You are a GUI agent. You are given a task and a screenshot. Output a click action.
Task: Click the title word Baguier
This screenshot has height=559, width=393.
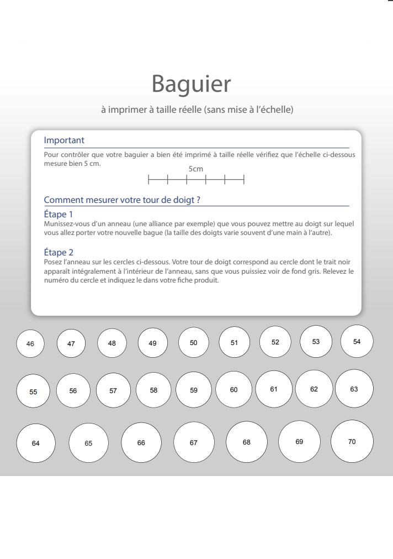pos(191,84)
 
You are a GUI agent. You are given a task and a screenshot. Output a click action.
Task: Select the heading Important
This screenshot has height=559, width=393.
pos(64,140)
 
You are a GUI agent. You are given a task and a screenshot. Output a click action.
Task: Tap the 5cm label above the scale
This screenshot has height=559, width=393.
pos(196,169)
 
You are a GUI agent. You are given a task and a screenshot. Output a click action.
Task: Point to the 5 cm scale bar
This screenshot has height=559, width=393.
pos(196,179)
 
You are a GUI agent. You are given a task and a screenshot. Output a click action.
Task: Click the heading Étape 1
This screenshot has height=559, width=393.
pos(59,214)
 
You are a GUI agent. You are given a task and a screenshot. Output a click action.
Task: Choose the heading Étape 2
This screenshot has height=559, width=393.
pos(59,253)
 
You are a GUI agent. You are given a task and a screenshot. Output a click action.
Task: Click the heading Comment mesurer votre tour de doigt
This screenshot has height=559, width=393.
pos(121,200)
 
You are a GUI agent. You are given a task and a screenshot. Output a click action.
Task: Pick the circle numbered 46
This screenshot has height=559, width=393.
pos(30,344)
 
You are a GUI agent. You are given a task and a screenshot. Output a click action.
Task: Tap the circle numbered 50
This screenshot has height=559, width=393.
pos(194,343)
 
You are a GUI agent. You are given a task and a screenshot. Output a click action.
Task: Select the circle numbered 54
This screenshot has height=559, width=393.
pos(357,341)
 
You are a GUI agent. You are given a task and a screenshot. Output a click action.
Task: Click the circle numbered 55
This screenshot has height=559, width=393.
pos(33,391)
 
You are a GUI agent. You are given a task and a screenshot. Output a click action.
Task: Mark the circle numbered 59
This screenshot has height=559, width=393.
pos(194,390)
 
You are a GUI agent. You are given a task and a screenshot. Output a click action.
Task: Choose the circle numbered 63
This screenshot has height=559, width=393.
pos(354,389)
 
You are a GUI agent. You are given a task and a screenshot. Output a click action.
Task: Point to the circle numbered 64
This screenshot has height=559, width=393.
pos(36,443)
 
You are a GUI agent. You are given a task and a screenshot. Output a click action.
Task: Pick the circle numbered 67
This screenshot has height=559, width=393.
pos(194,442)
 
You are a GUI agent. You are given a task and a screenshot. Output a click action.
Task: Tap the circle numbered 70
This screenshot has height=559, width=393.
pos(352,441)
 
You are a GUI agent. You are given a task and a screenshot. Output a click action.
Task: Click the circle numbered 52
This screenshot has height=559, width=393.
pos(275,342)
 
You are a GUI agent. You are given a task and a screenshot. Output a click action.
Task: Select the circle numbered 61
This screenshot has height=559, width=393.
pos(274,389)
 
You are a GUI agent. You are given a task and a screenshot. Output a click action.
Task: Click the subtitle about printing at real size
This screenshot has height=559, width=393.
pos(197,109)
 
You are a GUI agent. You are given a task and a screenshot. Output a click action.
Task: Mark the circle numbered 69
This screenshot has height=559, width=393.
pos(299,441)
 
